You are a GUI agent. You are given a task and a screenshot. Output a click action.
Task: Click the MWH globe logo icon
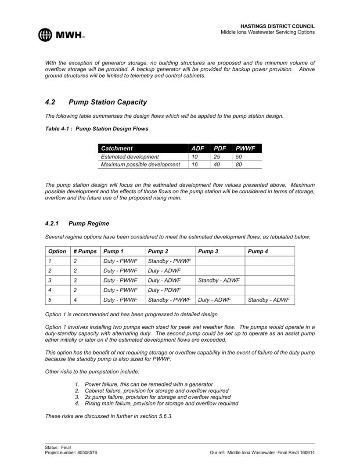[45, 35]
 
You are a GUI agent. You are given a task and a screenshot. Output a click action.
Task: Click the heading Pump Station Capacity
[108, 102]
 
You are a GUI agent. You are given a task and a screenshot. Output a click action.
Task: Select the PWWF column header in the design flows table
[245, 148]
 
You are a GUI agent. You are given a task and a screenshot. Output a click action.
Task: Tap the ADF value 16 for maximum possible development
[195, 165]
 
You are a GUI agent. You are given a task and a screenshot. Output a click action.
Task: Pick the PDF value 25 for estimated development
[217, 157]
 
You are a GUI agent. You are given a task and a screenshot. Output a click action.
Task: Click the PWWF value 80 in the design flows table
[239, 165]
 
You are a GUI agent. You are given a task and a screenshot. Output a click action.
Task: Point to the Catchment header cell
[117, 148]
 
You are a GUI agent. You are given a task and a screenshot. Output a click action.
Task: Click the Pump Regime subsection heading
[89, 224]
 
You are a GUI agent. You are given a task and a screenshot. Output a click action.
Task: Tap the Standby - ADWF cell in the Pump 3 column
[219, 280]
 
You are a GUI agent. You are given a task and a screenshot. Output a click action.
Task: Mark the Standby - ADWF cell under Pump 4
[269, 300]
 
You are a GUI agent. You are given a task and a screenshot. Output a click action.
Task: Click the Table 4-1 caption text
[97, 129]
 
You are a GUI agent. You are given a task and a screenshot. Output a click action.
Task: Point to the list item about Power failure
[148, 384]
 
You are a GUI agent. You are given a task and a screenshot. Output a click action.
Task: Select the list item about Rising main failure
[161, 403]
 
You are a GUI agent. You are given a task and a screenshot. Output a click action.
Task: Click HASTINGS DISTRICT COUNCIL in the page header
[277, 26]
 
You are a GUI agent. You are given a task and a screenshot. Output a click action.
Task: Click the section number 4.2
[50, 102]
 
